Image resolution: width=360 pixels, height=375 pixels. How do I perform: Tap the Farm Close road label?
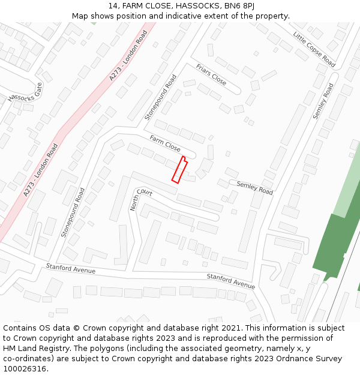[165, 143]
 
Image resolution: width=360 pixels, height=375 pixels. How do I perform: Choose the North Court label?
[141, 199]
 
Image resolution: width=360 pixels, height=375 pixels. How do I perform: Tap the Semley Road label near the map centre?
[254, 188]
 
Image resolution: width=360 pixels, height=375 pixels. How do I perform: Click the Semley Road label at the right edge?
[323, 101]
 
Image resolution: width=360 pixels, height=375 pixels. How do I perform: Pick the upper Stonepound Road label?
[161, 97]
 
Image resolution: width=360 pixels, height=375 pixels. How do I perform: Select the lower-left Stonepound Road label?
[73, 212]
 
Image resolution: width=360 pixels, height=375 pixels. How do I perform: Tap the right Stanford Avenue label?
[231, 280]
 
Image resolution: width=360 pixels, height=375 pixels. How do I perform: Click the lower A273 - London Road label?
[41, 170]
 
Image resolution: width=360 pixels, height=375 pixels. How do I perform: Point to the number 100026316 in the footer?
[24, 368]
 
